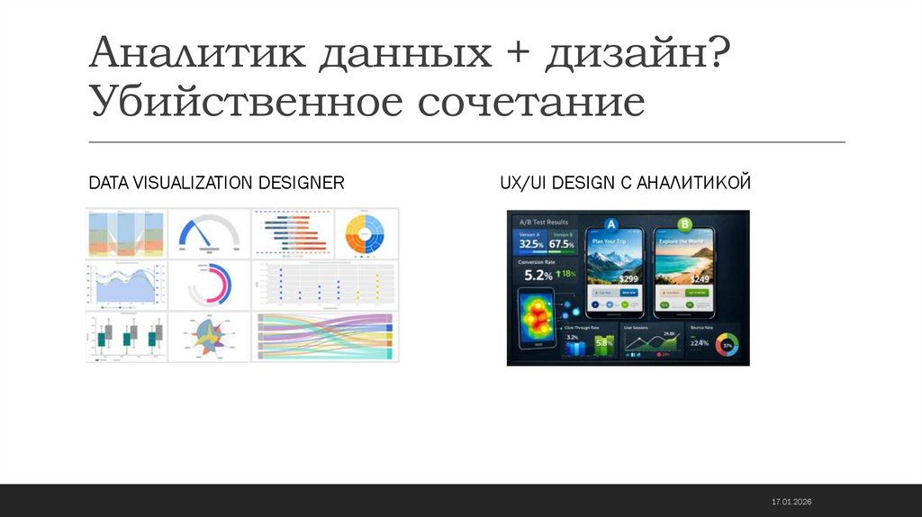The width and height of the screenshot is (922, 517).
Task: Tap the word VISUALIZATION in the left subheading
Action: pyautogui.click(x=194, y=183)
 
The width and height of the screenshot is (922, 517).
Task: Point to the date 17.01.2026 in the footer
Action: pyautogui.click(x=791, y=501)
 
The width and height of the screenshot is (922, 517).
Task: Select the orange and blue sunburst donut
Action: pyautogui.click(x=366, y=234)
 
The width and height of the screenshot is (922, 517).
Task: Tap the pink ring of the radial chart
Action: pyautogui.click(x=213, y=286)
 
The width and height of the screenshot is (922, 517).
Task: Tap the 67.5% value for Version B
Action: pyautogui.click(x=561, y=244)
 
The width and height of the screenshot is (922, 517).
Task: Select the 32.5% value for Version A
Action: pyautogui.click(x=530, y=244)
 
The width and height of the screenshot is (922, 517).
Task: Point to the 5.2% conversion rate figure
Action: pyautogui.click(x=538, y=275)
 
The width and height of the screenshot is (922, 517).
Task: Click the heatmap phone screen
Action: pyautogui.click(x=538, y=316)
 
